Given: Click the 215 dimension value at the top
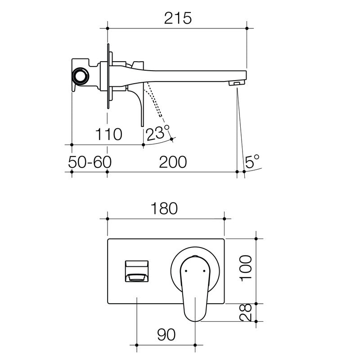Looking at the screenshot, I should click(x=178, y=18).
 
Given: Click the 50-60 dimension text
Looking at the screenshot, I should click(x=90, y=162).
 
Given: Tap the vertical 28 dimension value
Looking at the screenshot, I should click(x=246, y=312).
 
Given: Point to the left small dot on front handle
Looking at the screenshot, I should click(x=185, y=271).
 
